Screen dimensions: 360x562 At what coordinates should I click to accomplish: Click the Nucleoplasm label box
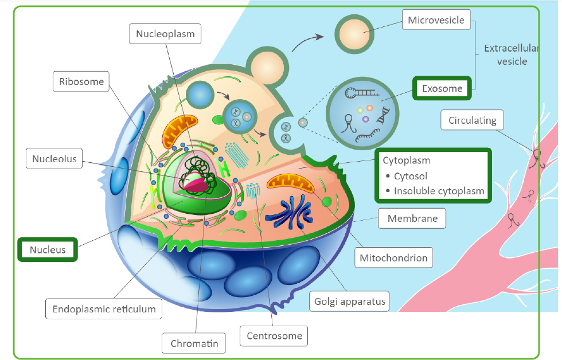pos(165,34)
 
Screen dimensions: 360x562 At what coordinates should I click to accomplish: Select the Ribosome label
pos(81,81)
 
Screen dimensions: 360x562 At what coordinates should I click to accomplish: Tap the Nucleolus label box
pos(54,159)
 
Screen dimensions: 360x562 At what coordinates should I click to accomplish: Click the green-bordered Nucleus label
pos(48,250)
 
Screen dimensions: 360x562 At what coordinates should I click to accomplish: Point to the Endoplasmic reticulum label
pos(104,309)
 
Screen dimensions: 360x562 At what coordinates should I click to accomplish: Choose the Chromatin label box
pos(194,344)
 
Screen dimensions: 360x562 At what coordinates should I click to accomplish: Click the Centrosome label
pos(274,336)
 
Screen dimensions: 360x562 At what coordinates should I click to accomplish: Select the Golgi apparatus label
pos(349,300)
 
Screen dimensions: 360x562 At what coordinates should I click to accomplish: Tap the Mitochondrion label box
pos(393,258)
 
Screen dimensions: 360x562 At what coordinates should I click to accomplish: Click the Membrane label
pos(412,218)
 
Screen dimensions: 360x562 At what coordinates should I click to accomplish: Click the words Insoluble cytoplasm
pos(439,191)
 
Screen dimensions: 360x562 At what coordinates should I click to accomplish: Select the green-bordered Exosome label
pos(442,89)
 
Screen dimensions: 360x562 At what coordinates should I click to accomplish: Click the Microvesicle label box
pos(436,21)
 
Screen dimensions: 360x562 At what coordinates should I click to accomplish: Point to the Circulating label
pos(472,120)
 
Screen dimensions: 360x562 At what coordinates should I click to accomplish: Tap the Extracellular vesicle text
pos(512,55)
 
